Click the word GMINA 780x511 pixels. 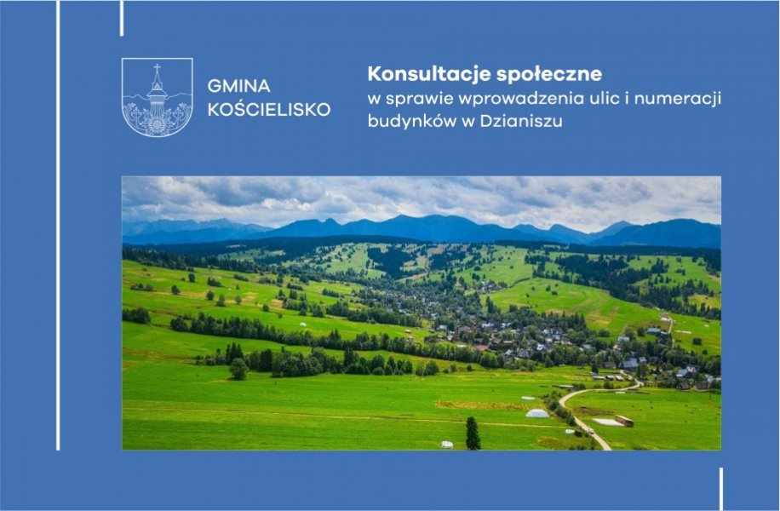(x=238, y=86)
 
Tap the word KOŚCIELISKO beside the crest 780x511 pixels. (x=269, y=110)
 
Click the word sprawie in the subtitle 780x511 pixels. (x=420, y=99)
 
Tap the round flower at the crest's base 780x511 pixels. (x=157, y=124)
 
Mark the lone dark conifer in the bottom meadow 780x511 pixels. (x=473, y=433)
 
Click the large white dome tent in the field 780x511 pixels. (x=537, y=413)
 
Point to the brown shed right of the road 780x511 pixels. (x=624, y=421)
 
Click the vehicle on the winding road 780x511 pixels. (x=590, y=430)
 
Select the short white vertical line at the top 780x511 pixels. (x=122, y=18)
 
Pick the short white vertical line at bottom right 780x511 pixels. (x=720, y=489)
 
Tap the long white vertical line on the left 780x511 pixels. (x=58, y=226)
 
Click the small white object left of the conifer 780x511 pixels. (x=447, y=445)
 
